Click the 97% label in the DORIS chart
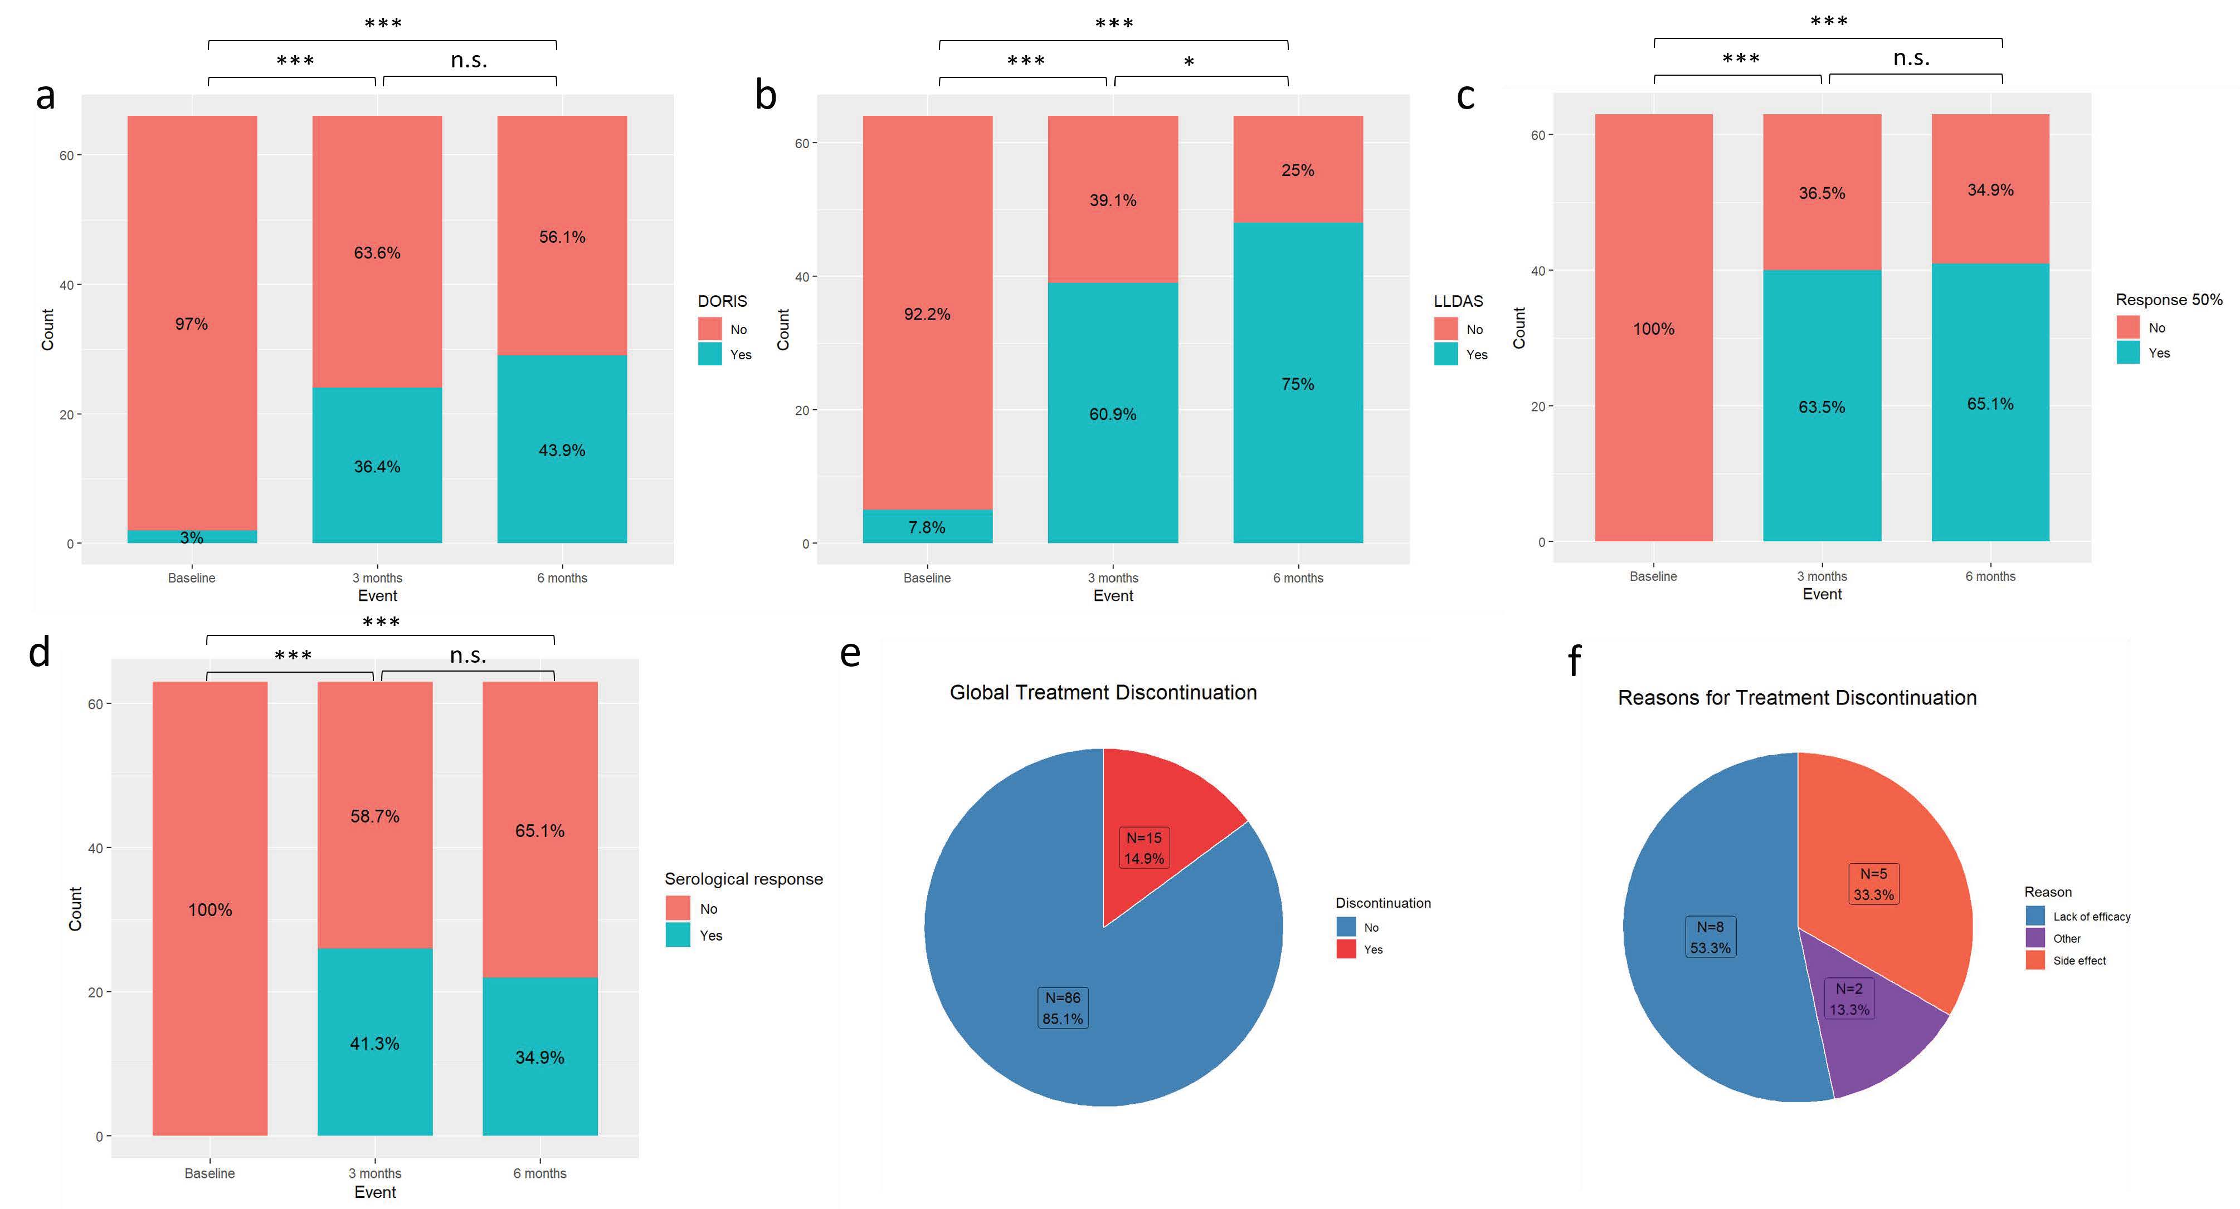(x=191, y=324)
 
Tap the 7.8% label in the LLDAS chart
(x=927, y=527)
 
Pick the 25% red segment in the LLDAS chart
(x=1297, y=170)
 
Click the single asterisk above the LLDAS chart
(x=1189, y=62)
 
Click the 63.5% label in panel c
(x=1822, y=407)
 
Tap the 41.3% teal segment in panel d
(x=375, y=1043)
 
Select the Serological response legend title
(x=743, y=879)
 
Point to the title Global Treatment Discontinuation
(x=1103, y=693)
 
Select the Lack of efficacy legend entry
(x=2091, y=916)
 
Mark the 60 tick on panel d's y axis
(x=95, y=704)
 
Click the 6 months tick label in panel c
(x=1990, y=576)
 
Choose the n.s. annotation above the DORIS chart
(x=469, y=60)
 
